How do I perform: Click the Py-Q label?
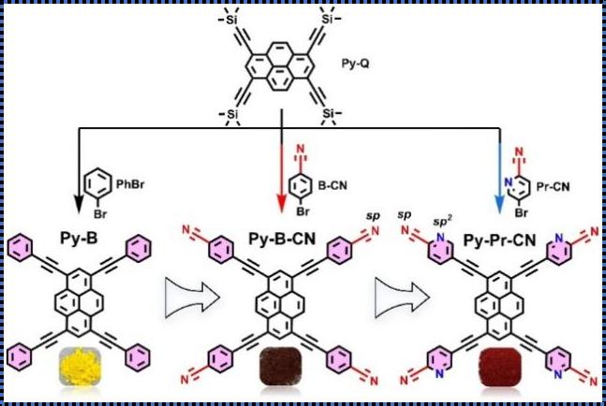point(355,64)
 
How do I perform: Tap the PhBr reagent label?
point(130,184)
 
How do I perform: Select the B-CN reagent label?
point(333,185)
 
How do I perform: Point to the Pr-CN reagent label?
point(553,187)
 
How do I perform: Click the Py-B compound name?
point(79,239)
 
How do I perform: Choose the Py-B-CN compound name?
point(282,239)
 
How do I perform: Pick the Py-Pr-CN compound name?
point(499,240)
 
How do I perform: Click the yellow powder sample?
point(80,366)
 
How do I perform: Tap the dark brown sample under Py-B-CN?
point(280,367)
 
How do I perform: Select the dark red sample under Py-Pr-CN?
point(500,367)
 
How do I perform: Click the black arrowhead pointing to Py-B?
point(79,204)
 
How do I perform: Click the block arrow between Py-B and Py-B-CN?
point(192,297)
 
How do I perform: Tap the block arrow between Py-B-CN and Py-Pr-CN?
point(403,297)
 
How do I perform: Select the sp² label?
point(442,221)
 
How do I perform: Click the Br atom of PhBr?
point(100,213)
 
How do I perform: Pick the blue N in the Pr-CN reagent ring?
point(509,181)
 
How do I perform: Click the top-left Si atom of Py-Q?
point(231,20)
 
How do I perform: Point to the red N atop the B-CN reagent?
point(301,149)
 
